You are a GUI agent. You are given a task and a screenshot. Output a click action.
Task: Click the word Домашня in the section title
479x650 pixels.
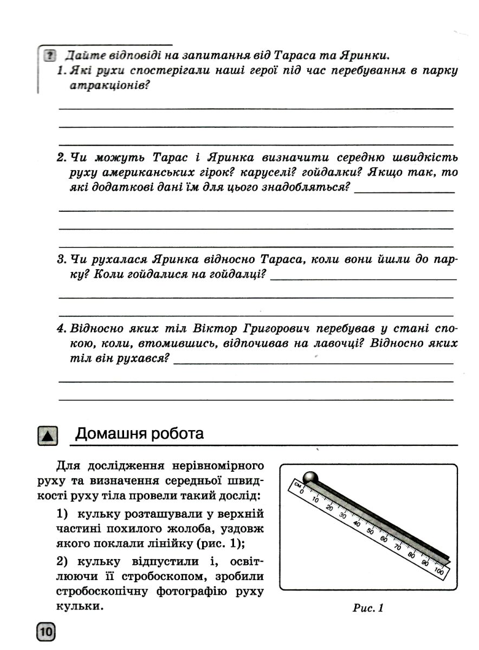click(x=107, y=434)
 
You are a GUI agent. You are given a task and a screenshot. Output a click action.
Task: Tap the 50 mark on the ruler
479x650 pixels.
click(x=370, y=530)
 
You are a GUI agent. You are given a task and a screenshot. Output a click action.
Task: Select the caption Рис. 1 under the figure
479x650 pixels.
click(x=368, y=608)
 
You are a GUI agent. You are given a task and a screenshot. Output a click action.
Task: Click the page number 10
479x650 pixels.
click(x=46, y=632)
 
